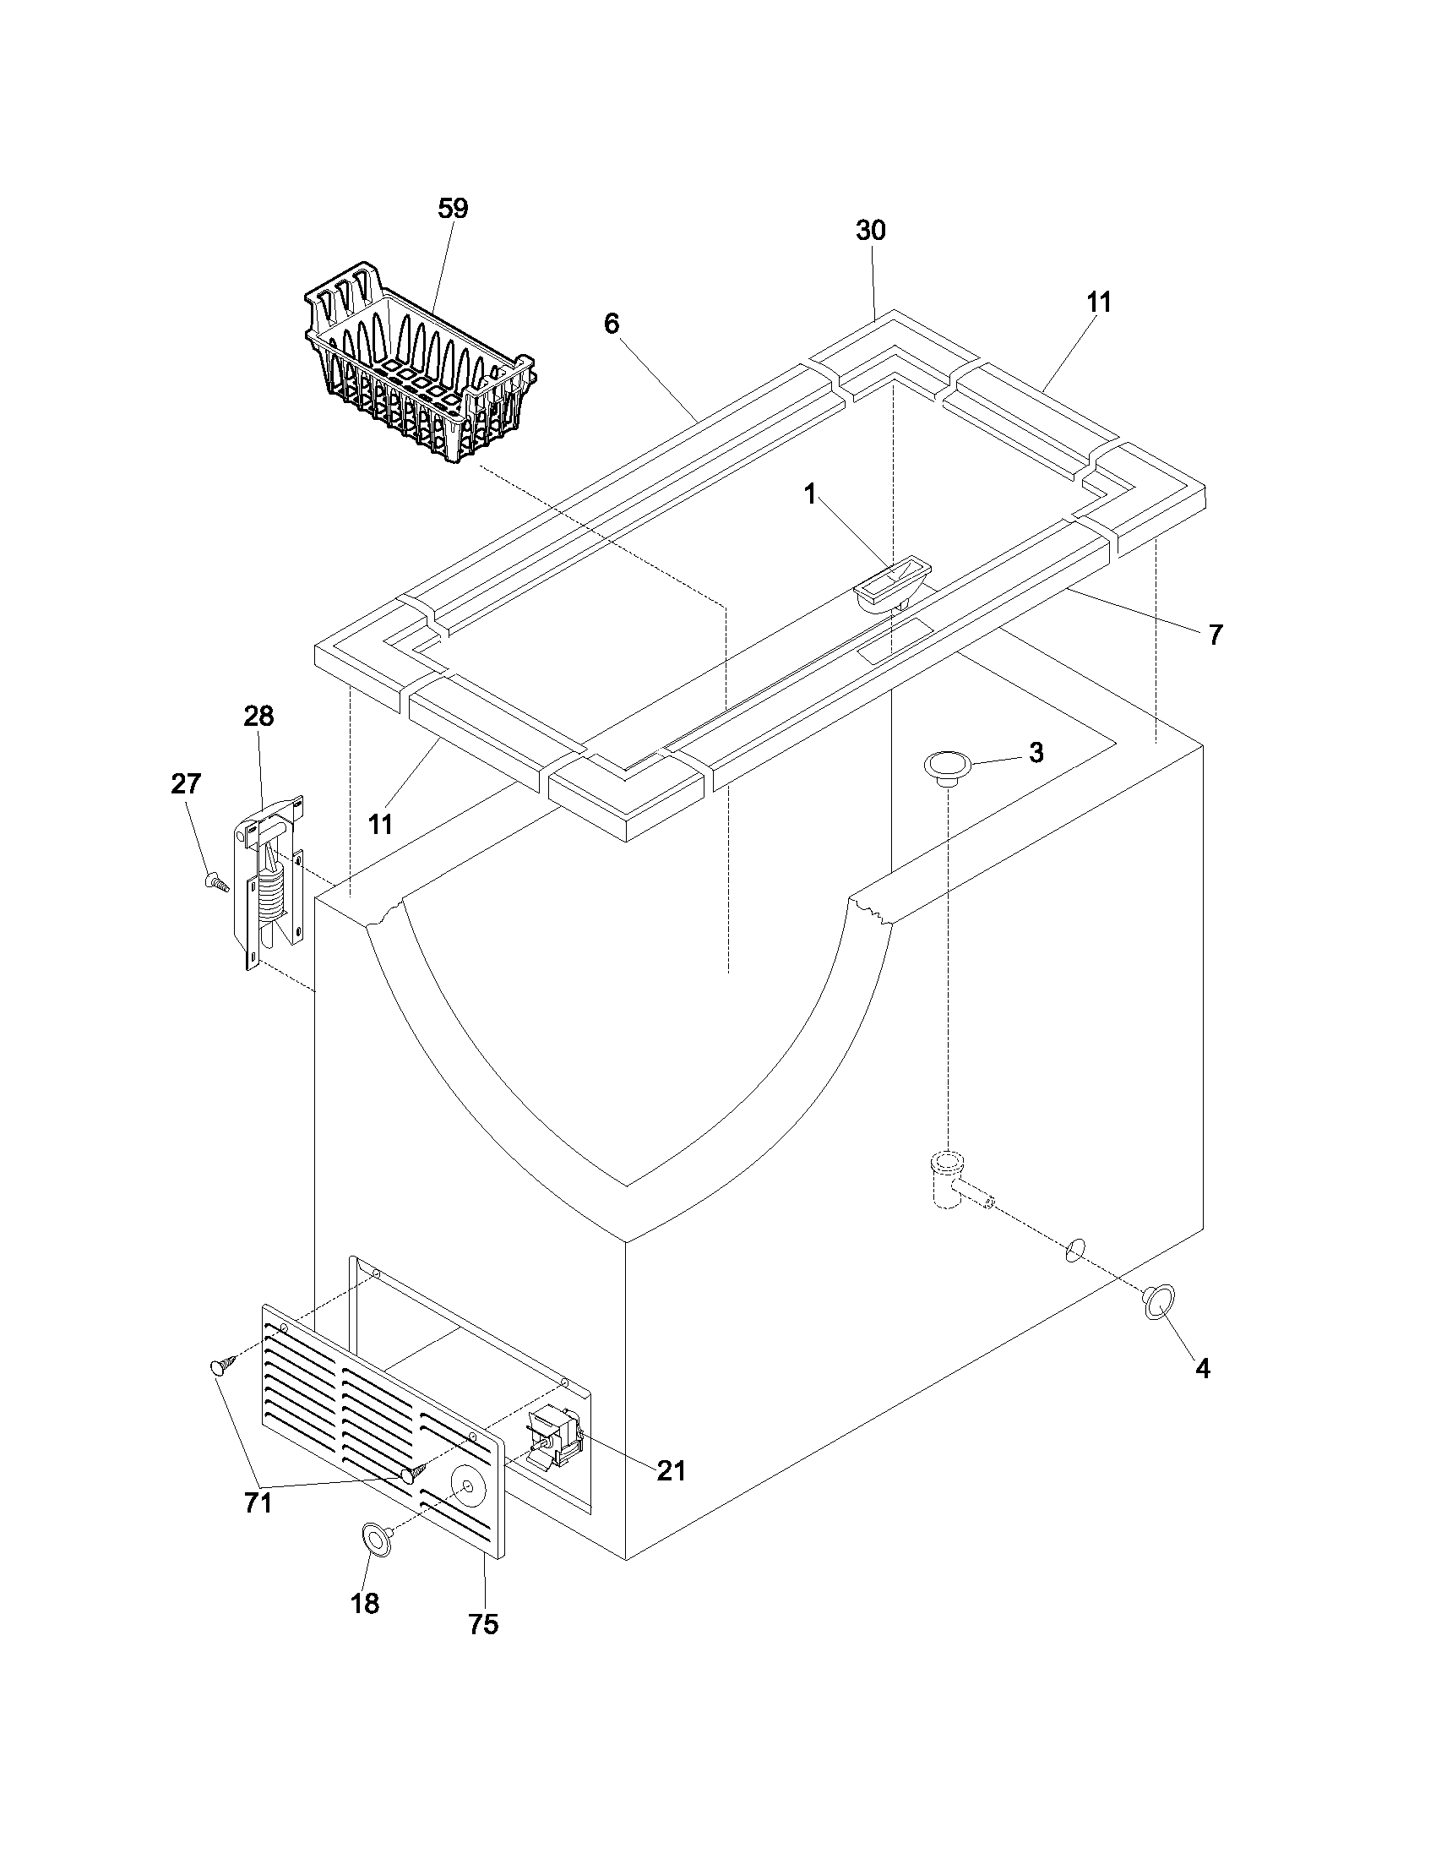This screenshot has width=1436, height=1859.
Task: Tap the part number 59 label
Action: pyautogui.click(x=453, y=210)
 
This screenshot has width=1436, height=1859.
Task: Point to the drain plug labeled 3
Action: pyautogui.click(x=946, y=765)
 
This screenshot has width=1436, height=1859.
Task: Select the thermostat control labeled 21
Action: pyautogui.click(x=553, y=1438)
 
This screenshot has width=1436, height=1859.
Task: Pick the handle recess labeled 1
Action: pyautogui.click(x=890, y=586)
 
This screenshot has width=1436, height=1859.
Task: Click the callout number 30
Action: pyautogui.click(x=870, y=231)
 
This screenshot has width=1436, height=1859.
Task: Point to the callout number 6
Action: pyautogui.click(x=612, y=324)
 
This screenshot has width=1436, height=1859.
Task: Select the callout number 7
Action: pyautogui.click(x=1216, y=634)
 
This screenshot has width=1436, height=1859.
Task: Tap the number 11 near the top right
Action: pyautogui.click(x=1098, y=303)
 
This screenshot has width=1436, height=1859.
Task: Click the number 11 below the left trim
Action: pyautogui.click(x=380, y=824)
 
